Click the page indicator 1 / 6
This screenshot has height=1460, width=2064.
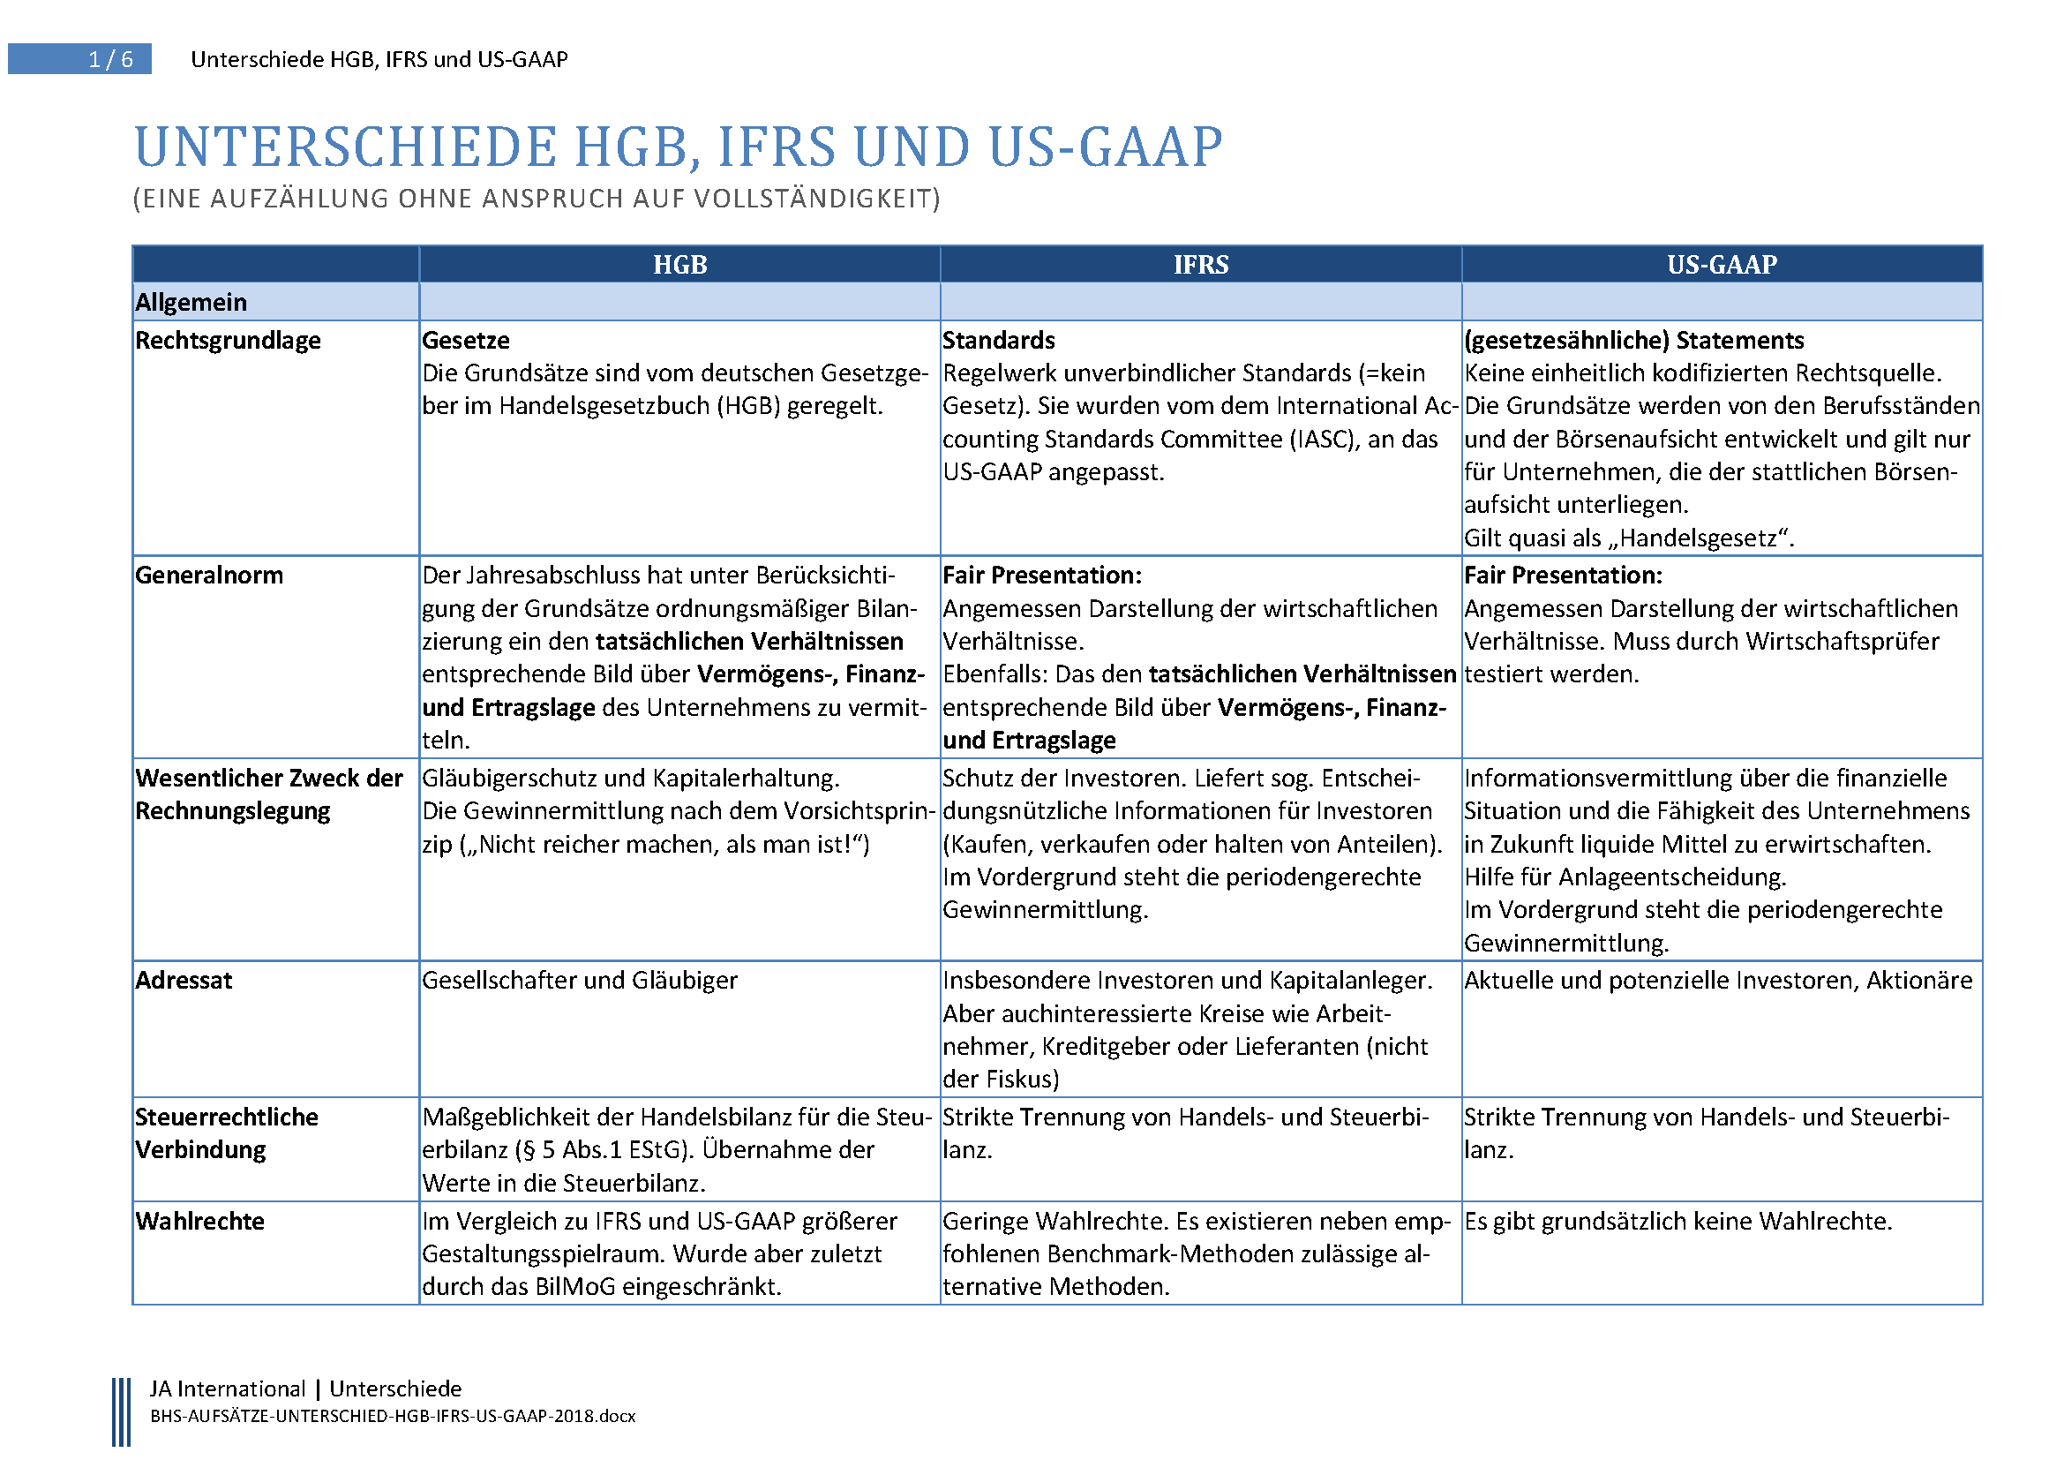pos(110,59)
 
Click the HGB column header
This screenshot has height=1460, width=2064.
pos(679,264)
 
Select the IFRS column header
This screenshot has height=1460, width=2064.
pos(1200,264)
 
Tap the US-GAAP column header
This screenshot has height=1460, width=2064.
pos(1722,264)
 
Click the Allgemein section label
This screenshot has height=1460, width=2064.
pos(191,302)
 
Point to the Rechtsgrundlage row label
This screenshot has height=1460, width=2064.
pos(228,341)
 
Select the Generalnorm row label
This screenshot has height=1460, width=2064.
pos(208,576)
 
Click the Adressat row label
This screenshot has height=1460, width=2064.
pos(184,981)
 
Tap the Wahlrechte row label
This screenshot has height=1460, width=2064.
pos(199,1222)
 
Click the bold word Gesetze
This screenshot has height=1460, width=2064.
pos(466,341)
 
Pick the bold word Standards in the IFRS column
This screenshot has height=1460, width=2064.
pos(998,341)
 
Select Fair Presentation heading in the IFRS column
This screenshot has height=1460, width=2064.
pos(1042,576)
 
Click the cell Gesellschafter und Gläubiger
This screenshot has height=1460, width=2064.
pos(580,981)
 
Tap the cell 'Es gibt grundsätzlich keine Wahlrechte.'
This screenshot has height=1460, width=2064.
pos(1677,1222)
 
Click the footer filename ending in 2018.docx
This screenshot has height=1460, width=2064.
pos(393,1417)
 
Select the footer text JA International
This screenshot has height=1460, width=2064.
pos(228,1389)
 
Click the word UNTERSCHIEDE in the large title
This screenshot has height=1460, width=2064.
pos(345,147)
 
